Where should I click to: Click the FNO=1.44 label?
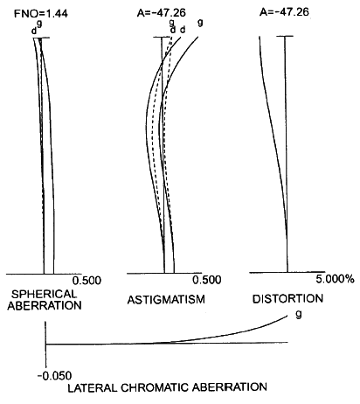41,14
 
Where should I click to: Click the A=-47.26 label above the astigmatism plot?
162,13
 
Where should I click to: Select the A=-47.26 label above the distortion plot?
284,12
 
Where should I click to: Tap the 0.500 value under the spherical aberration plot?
87,281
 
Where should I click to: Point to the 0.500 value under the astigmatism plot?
207,280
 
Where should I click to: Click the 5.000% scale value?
336,279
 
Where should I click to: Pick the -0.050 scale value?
54,376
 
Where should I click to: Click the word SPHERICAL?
44,294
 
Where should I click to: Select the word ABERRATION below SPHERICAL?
45,305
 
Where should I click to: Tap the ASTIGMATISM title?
166,299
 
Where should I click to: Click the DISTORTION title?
287,299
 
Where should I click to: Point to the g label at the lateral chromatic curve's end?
298,314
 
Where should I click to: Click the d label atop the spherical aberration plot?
34,31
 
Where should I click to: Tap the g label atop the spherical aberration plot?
39,24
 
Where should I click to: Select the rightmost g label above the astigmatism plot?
200,23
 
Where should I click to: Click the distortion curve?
273,131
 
